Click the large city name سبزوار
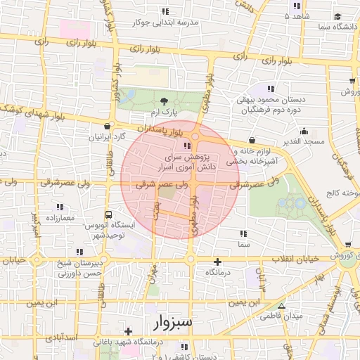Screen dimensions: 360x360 pos(175,323)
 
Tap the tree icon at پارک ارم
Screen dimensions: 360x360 pos(165,101)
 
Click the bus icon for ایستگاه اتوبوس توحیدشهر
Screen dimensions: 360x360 pos(108,214)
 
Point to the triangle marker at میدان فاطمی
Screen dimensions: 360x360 pos(282,306)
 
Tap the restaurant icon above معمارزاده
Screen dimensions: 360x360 pos(59,207)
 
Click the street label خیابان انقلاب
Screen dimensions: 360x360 pos(292,258)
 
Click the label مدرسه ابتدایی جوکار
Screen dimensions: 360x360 pos(165,22)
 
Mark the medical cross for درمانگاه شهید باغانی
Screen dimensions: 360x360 pos(128,330)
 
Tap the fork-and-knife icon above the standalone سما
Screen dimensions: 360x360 pos(243,233)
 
